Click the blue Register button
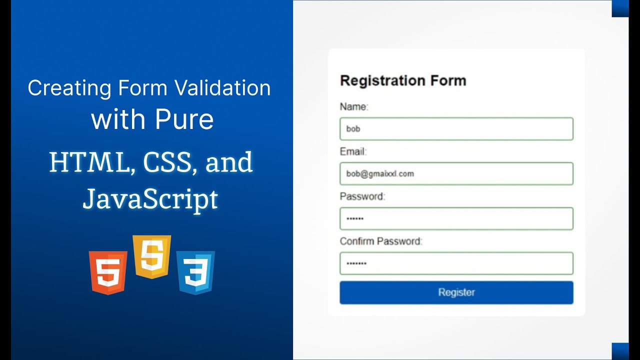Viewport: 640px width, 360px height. point(456,292)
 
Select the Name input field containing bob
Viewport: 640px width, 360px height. point(456,129)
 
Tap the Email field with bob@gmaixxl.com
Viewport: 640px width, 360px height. point(456,174)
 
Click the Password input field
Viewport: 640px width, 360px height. point(456,218)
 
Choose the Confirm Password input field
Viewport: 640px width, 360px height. point(456,263)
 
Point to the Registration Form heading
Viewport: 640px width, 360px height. point(403,80)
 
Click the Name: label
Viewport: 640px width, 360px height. point(354,106)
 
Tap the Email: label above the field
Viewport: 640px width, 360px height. point(353,151)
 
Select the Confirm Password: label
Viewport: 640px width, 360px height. point(381,241)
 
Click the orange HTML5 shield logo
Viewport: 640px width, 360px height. point(108,272)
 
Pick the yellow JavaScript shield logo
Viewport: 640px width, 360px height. point(151,256)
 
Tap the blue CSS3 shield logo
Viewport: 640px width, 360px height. point(195,272)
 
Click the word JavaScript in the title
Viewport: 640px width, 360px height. point(150,198)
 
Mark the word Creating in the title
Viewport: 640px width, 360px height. point(69,88)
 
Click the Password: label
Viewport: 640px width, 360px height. point(362,196)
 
